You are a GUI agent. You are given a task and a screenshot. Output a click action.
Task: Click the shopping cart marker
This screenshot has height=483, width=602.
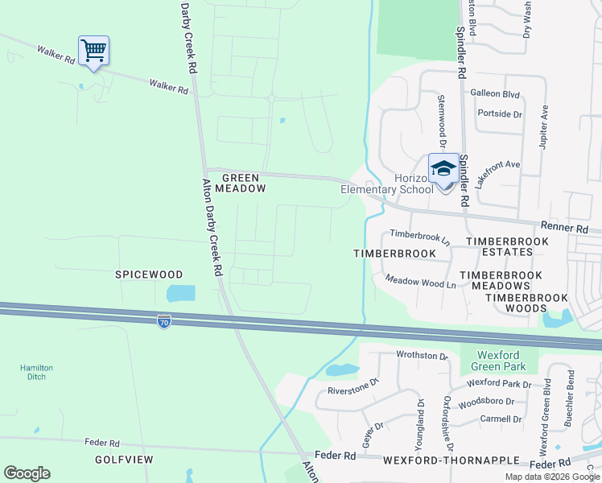[93, 52]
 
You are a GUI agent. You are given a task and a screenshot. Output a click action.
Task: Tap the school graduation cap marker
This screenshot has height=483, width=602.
[443, 169]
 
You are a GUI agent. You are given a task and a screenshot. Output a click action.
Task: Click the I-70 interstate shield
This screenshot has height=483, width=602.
[164, 320]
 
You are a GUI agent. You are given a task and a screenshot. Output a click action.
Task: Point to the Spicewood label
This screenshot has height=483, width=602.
[148, 275]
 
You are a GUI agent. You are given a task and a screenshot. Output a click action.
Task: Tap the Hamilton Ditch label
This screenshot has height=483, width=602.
[36, 372]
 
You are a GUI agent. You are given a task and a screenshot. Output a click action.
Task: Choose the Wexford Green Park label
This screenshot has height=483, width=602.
[497, 361]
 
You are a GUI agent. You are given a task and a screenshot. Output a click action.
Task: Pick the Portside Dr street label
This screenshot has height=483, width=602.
[500, 114]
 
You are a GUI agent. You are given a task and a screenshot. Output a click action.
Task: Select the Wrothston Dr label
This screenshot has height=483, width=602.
[421, 355]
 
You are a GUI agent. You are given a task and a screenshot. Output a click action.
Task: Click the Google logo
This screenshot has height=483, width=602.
[27, 473]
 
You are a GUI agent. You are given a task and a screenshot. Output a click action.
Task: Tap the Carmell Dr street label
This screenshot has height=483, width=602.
[500, 419]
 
